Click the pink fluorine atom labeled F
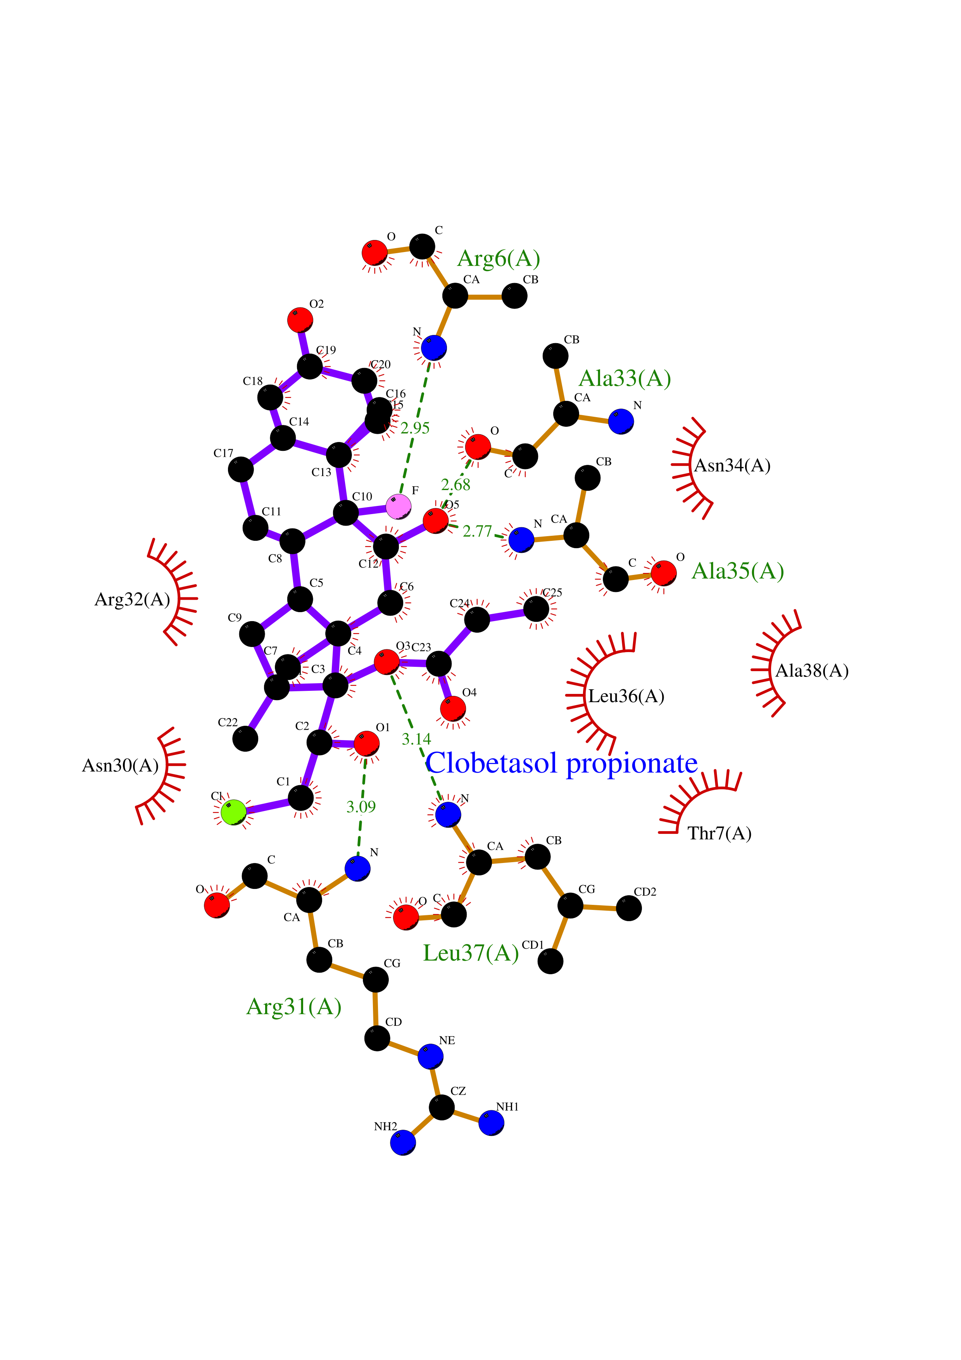click(399, 506)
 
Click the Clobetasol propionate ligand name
click(561, 763)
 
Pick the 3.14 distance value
click(416, 739)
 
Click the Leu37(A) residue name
click(471, 953)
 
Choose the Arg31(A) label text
click(294, 1006)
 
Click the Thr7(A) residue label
click(719, 834)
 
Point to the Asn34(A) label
click(732, 466)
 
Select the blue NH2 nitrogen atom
click(403, 1142)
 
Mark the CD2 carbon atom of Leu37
click(629, 908)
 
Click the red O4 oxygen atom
click(453, 708)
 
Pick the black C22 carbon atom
click(245, 739)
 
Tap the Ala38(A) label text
click(812, 671)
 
